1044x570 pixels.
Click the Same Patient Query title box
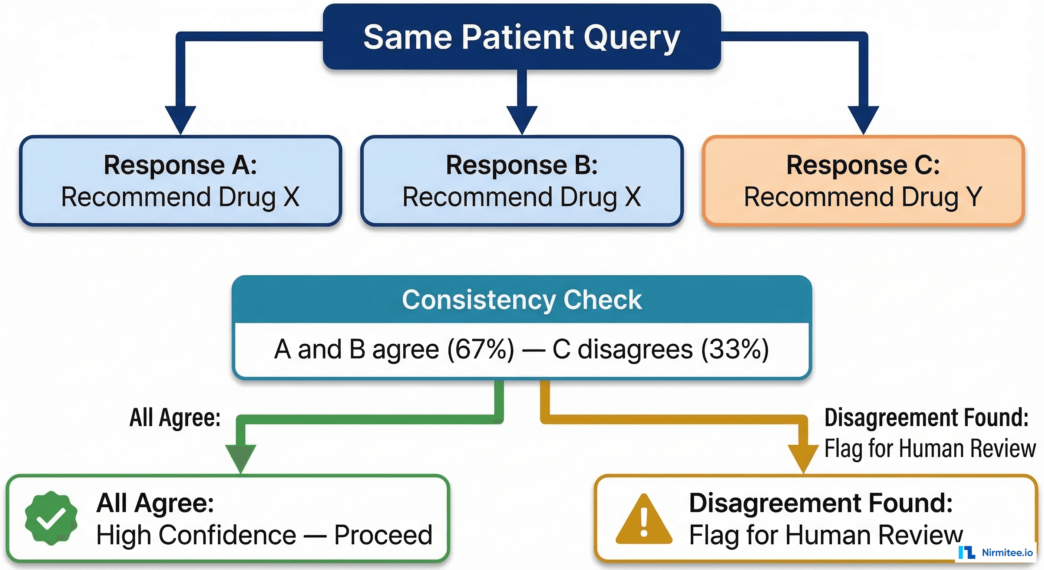[522, 36]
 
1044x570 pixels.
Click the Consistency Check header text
[522, 300]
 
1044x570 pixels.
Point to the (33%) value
[735, 349]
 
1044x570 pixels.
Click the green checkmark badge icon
[51, 518]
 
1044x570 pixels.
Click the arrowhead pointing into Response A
[180, 120]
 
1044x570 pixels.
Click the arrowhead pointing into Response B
[522, 120]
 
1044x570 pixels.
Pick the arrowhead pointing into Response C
[863, 120]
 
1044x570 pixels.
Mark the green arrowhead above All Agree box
[240, 458]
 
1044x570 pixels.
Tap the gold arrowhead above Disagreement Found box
[803, 458]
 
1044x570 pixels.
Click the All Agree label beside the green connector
[175, 417]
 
